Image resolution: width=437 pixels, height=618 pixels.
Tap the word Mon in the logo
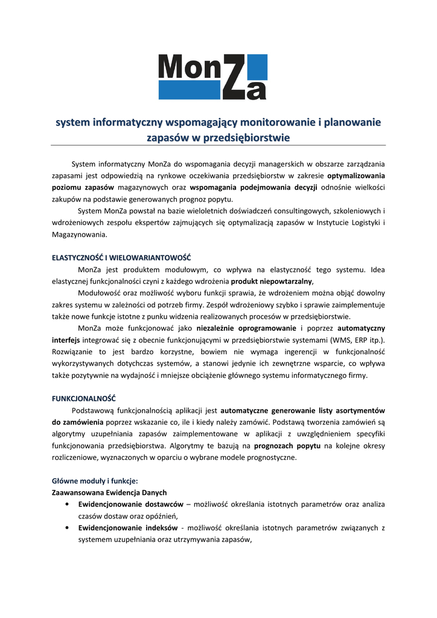point(191,68)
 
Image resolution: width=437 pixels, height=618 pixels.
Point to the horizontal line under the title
point(218,145)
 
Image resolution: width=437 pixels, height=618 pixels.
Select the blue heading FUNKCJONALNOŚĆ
point(83,399)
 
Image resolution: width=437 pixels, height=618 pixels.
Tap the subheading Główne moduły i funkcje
point(95,481)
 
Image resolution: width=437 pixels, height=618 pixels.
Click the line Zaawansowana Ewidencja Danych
point(109,492)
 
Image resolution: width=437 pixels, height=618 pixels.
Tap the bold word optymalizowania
point(356,176)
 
